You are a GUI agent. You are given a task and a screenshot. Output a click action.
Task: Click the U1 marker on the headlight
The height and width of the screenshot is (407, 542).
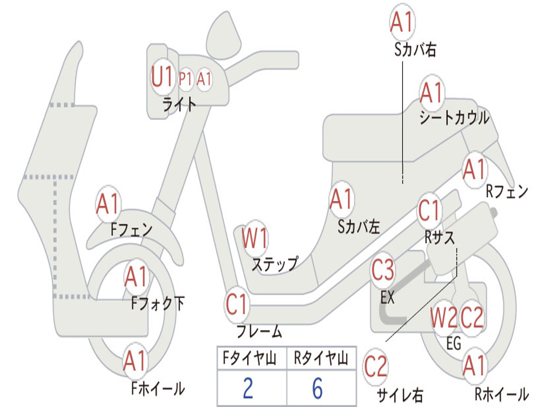coord(162,78)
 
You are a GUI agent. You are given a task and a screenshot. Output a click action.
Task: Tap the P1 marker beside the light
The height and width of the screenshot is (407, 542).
coord(185,79)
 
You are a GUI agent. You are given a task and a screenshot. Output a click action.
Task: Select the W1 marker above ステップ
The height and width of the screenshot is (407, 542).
coord(255,238)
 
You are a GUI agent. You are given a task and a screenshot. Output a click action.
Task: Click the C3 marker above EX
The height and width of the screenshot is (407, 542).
coord(383,270)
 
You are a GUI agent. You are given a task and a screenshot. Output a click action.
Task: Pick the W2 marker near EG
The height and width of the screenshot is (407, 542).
coord(444,318)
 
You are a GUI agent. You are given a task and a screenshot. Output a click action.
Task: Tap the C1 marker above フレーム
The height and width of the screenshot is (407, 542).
coord(237,305)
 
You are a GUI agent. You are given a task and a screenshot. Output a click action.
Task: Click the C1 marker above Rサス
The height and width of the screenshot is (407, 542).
coord(429,211)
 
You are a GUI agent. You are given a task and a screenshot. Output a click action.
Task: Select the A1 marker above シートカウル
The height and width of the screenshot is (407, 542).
coord(431,94)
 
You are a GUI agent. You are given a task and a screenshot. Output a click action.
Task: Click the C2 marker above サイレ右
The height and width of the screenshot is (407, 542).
coord(376,367)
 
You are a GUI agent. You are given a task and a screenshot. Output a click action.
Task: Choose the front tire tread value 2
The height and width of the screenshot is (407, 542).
coord(248,388)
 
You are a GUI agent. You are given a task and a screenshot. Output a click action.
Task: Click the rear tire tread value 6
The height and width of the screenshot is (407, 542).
coord(317,388)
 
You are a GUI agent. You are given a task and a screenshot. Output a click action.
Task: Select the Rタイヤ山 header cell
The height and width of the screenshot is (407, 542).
coord(321,359)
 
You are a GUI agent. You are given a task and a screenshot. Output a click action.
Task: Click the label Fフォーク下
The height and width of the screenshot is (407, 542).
coord(158,303)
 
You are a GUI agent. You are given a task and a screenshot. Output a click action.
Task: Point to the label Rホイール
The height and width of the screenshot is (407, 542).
coord(501,394)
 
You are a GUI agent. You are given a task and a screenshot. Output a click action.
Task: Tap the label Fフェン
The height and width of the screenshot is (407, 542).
coord(131,229)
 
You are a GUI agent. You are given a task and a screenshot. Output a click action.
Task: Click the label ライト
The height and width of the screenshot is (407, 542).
coord(179,104)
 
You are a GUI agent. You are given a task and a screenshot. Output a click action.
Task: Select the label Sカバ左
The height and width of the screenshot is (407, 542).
coord(359,227)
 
